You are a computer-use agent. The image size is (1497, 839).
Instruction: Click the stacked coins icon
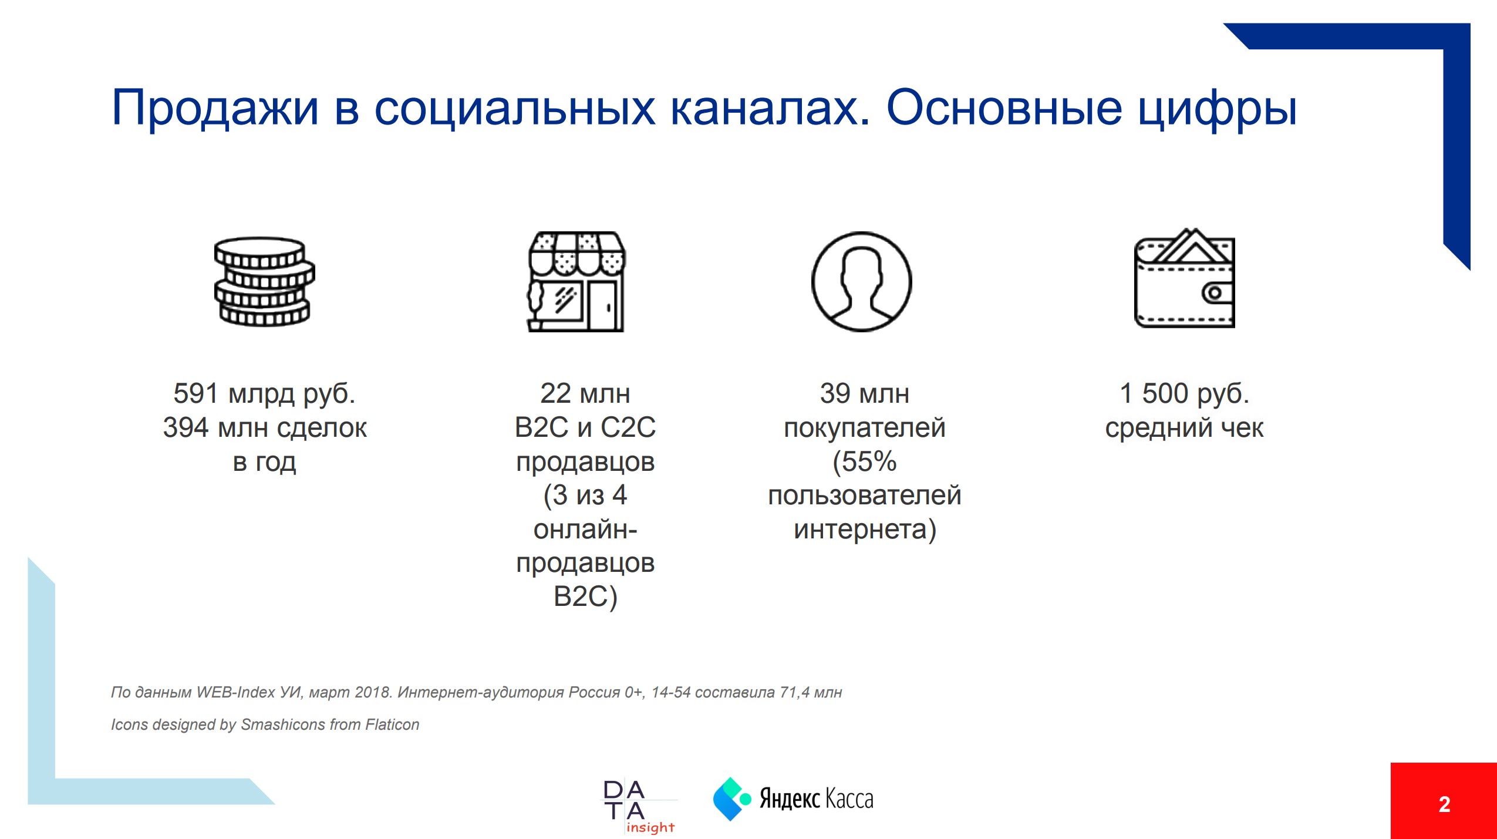click(264, 281)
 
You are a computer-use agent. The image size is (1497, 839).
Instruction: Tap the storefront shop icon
click(576, 281)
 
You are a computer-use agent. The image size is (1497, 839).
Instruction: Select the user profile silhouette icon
click(861, 281)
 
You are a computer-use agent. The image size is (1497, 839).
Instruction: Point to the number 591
click(196, 393)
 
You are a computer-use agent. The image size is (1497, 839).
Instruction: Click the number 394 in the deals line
click(186, 427)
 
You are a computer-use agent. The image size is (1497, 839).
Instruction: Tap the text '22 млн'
click(585, 393)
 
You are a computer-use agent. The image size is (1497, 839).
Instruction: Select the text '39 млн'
click(864, 393)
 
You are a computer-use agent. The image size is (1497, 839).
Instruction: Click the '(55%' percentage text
click(864, 462)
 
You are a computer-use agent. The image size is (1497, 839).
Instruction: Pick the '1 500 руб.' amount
click(1184, 393)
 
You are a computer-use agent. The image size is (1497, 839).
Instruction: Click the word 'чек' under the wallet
click(1242, 428)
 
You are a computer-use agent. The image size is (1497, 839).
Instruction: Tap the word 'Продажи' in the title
click(215, 108)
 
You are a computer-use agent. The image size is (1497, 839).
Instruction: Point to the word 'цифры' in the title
click(1217, 109)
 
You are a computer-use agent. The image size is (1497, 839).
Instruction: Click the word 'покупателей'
click(864, 428)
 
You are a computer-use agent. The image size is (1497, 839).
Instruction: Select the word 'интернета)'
click(864, 530)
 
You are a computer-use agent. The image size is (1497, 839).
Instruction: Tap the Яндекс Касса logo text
click(816, 799)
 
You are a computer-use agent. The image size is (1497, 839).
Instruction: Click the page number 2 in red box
click(1444, 804)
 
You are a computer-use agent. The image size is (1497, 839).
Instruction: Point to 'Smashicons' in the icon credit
click(282, 725)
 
